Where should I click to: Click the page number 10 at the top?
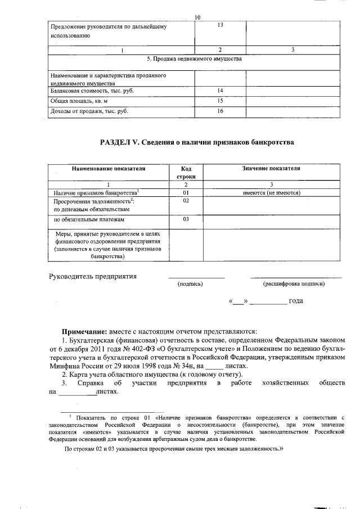[x=197, y=17]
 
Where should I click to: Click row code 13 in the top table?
[x=220, y=25]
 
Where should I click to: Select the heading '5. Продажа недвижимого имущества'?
[x=194, y=59]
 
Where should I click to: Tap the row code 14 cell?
[x=220, y=91]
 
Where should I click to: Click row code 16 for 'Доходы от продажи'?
[x=220, y=111]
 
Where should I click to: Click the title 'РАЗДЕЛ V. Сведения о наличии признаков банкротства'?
[x=197, y=142]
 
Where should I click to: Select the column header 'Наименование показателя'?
[x=108, y=168]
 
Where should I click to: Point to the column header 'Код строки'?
[x=187, y=172]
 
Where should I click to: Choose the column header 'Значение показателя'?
[x=271, y=168]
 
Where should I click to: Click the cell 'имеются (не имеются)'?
[x=271, y=193]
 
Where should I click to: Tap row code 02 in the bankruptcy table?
[x=186, y=201]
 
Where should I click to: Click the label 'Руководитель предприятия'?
[x=93, y=276]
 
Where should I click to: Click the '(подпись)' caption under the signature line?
[x=190, y=284]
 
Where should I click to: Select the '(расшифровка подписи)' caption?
[x=294, y=284]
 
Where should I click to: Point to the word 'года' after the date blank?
[x=296, y=301]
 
